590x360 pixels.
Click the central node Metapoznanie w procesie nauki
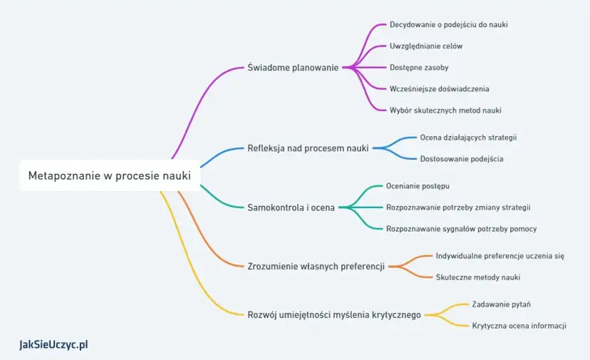109,175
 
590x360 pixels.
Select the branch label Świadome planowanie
293,68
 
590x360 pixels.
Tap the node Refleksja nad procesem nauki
308,148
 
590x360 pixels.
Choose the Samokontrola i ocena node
291,207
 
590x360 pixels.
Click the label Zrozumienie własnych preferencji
316,267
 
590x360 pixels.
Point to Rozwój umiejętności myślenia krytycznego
333,314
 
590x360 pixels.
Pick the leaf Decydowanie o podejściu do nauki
448,24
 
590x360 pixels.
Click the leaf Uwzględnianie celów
426,46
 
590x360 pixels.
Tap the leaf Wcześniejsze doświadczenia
439,89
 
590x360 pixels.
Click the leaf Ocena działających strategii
468,137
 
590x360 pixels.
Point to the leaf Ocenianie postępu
418,185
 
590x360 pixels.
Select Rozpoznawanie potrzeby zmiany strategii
457,207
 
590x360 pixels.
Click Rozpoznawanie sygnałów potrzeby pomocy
461,229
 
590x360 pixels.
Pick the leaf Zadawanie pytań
501,304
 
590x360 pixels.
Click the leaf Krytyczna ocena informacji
519,326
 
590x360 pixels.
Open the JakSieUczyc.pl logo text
53,345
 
